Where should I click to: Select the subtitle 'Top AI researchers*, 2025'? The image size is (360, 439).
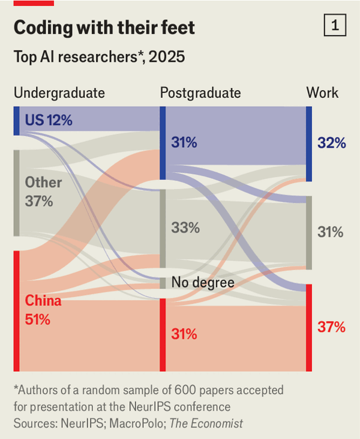coord(99,57)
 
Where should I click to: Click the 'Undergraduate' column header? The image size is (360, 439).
coord(59,92)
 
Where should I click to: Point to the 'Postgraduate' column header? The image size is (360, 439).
coord(200,92)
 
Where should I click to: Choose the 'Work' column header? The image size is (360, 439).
coord(322,92)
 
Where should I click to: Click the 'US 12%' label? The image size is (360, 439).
coord(49,120)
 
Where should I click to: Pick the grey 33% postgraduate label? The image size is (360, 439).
coord(185,228)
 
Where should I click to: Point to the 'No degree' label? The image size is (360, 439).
coord(202,282)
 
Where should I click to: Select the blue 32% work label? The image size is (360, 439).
coord(332,143)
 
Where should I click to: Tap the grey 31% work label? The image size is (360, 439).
coord(331,232)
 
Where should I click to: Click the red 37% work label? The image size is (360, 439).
coord(331,327)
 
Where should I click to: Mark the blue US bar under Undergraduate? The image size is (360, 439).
coord(16,121)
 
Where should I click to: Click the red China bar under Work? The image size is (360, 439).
coord(308,327)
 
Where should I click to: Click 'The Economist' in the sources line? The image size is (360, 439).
coord(206,423)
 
